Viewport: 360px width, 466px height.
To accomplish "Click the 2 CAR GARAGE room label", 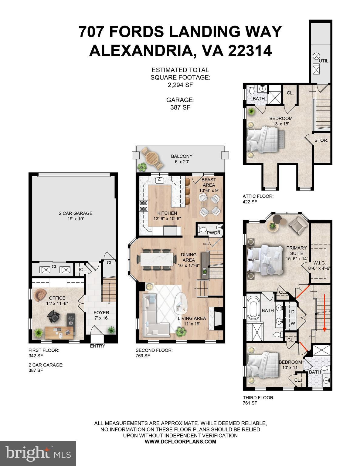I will coord(75,213).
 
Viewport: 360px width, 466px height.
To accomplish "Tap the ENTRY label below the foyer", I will coord(97,346).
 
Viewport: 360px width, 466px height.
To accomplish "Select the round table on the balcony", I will coord(151,158).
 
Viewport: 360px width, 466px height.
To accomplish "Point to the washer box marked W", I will coord(293,323).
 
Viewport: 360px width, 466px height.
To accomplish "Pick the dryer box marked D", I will coord(293,312).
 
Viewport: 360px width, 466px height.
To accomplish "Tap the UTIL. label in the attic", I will coord(324,61).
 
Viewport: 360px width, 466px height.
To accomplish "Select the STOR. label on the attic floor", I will coord(321,140).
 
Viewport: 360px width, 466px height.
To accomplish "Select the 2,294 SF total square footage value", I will coord(180,85).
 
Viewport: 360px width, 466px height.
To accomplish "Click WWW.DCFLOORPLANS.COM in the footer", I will coord(180,441).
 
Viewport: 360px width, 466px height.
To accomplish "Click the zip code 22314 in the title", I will coord(250,51).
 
